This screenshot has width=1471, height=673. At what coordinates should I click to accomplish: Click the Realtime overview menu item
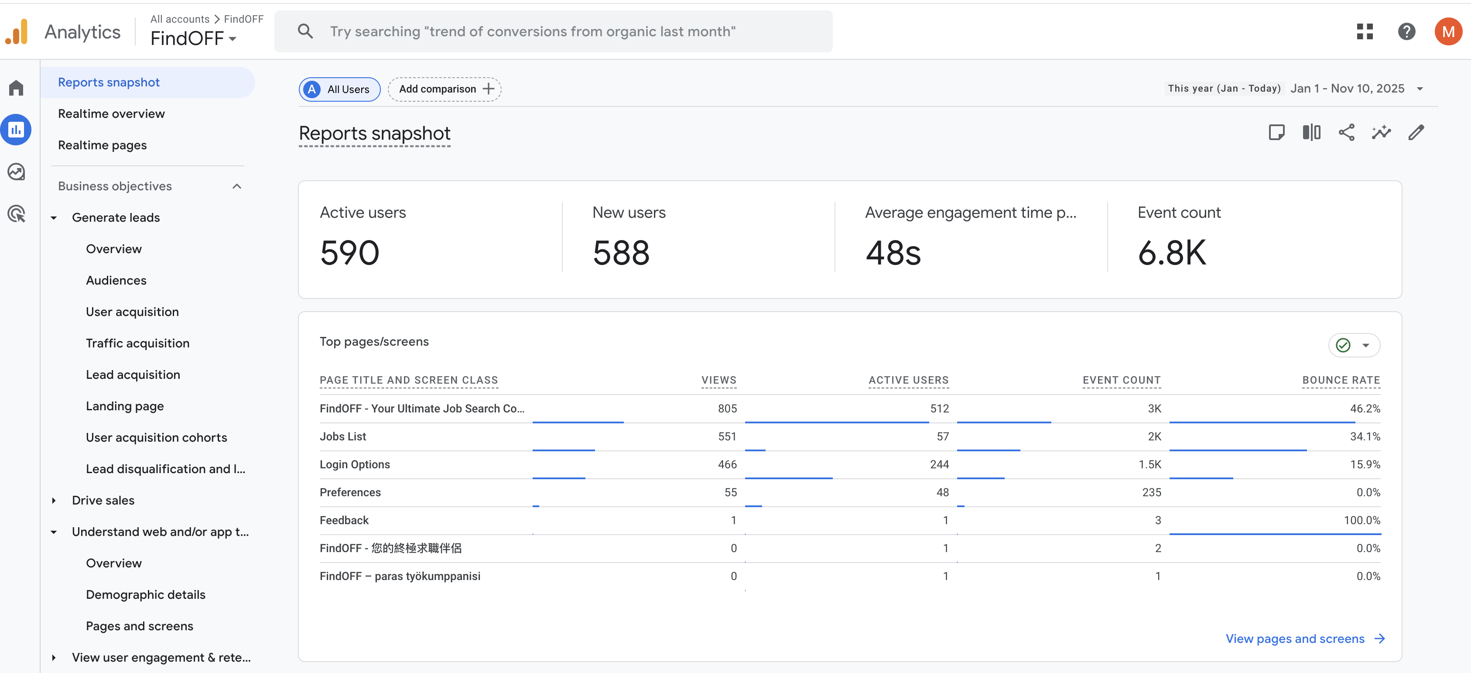pyautogui.click(x=111, y=113)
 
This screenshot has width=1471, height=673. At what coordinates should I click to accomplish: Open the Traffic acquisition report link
pyautogui.click(x=137, y=343)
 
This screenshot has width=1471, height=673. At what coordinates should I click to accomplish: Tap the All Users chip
pyautogui.click(x=340, y=89)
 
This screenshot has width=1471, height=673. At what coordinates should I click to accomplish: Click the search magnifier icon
pyautogui.click(x=305, y=31)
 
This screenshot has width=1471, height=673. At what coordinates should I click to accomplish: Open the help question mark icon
pyautogui.click(x=1406, y=31)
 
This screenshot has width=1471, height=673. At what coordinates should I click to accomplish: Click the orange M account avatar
pyautogui.click(x=1447, y=31)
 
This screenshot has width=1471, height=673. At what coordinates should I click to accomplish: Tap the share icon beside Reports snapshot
pyautogui.click(x=1346, y=133)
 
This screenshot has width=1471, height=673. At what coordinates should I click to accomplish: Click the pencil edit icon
pyautogui.click(x=1416, y=133)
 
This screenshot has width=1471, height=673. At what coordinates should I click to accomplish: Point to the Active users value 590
pyautogui.click(x=349, y=253)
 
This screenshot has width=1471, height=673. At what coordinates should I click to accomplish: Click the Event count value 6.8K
pyautogui.click(x=1172, y=253)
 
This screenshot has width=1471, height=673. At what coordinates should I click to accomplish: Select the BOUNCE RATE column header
pyautogui.click(x=1341, y=380)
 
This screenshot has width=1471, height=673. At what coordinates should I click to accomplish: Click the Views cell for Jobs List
pyautogui.click(x=727, y=436)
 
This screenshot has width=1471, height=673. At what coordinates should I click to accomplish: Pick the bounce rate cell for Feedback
pyautogui.click(x=1362, y=520)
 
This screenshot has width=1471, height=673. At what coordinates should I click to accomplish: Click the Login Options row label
pyautogui.click(x=355, y=464)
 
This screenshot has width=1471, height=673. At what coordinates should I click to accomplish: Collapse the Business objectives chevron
pyautogui.click(x=237, y=186)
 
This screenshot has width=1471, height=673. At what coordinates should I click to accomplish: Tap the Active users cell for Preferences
pyautogui.click(x=942, y=492)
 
